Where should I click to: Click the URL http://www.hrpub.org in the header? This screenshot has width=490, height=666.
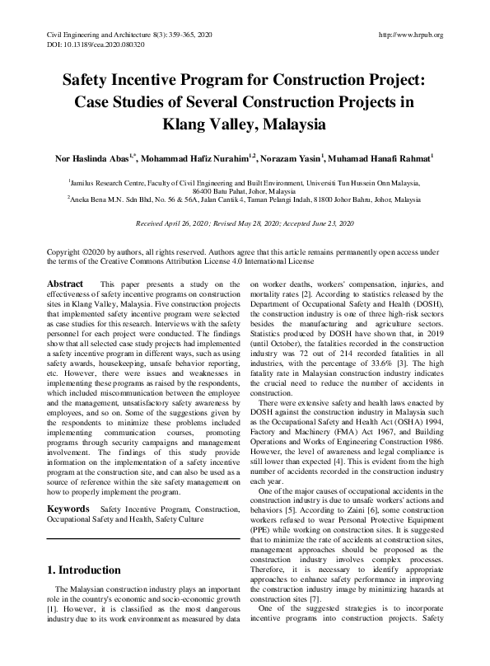click(x=408, y=35)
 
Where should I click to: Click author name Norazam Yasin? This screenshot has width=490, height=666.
click(x=292, y=157)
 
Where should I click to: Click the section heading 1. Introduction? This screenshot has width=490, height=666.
click(x=86, y=570)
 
